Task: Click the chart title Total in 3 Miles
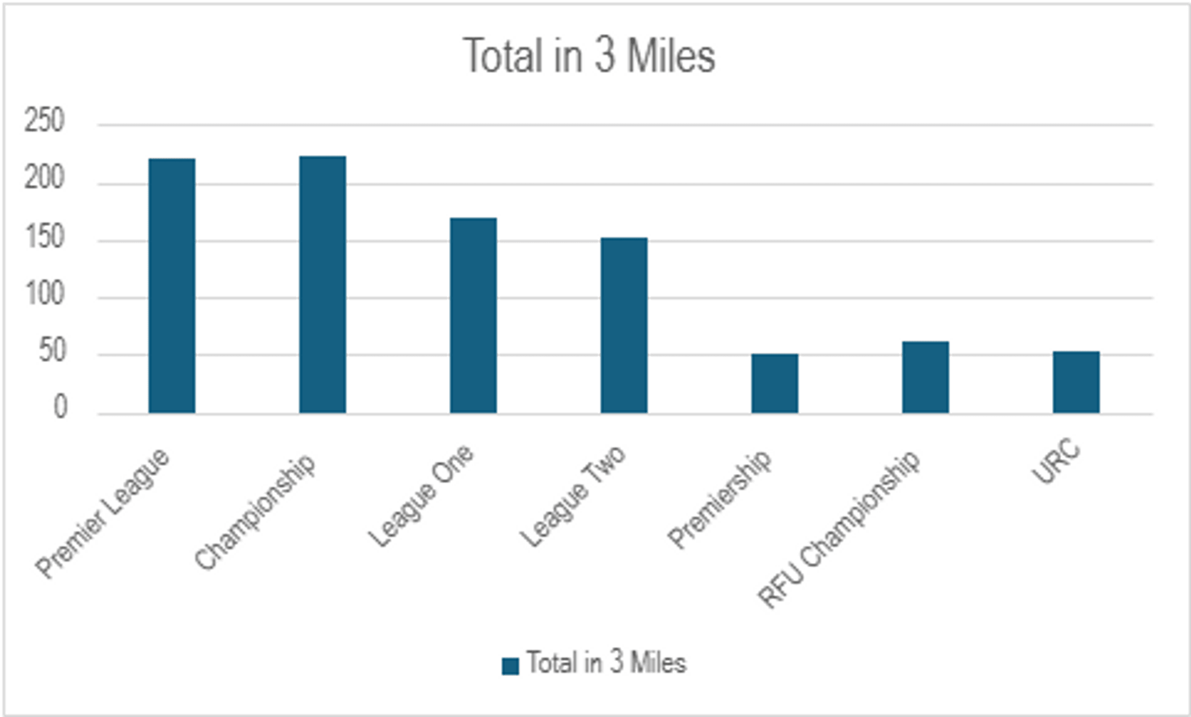point(589,56)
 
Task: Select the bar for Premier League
point(172,286)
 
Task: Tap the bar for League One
point(473,316)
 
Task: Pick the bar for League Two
point(624,325)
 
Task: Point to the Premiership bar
point(775,383)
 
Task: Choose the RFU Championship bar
point(925,377)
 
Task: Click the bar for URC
point(1076,382)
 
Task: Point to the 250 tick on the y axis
point(44,120)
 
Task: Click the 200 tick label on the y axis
point(44,178)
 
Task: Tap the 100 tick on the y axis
point(44,294)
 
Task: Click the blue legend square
point(510,666)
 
